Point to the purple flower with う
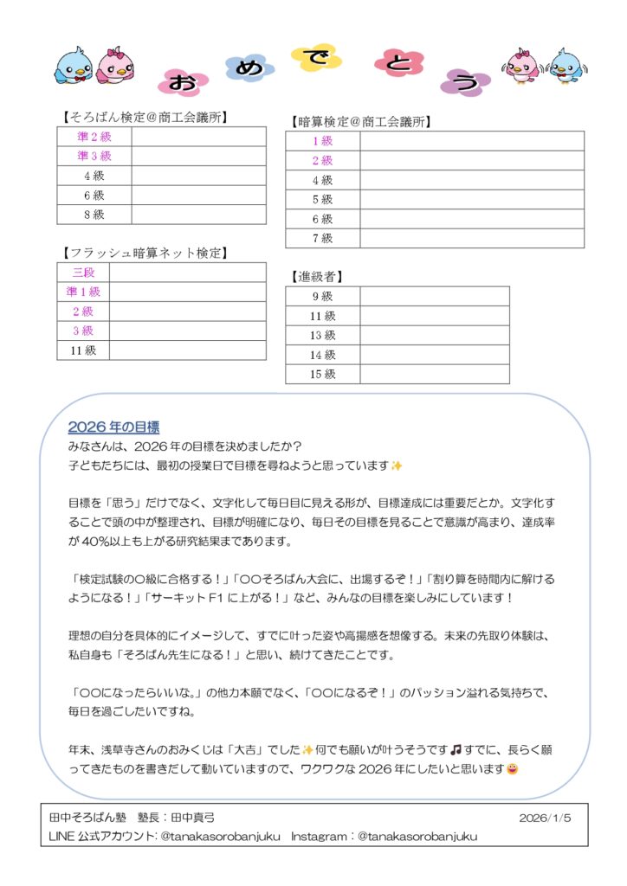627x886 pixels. [464, 82]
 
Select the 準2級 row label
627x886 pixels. [94, 137]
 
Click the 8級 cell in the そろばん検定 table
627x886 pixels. [94, 215]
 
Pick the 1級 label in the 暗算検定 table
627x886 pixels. [322, 141]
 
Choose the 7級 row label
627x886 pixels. [322, 238]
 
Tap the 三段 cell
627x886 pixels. [83, 273]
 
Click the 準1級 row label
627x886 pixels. [83, 292]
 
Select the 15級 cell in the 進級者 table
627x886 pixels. [322, 374]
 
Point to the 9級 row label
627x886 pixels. [322, 296]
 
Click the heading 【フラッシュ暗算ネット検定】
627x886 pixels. [144, 253]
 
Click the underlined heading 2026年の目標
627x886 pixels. [113, 427]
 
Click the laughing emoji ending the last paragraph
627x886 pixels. [513, 769]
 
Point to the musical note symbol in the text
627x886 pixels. [456, 750]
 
